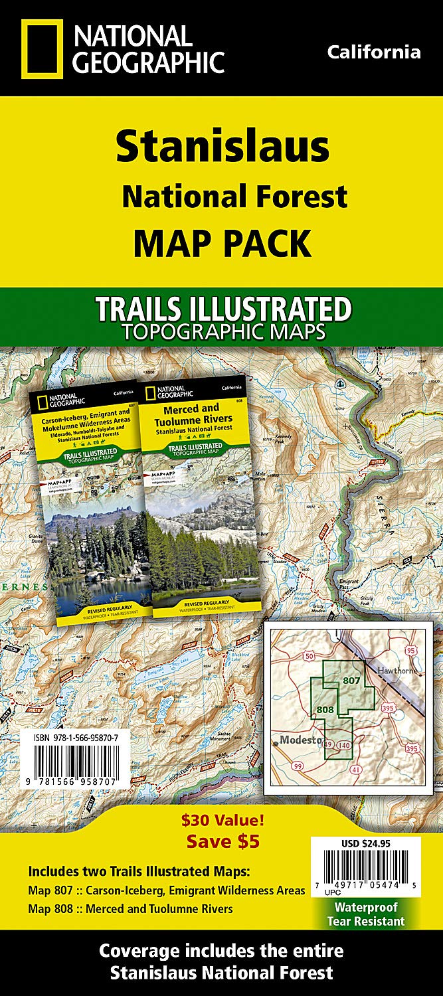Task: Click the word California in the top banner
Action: pos(373,52)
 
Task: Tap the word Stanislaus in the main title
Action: pos(222,147)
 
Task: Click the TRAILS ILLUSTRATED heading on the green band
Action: pos(222,309)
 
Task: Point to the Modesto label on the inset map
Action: pos(300,721)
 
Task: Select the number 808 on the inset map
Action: pos(325,710)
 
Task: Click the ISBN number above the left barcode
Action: pos(74,738)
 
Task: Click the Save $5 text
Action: pos(222,842)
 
